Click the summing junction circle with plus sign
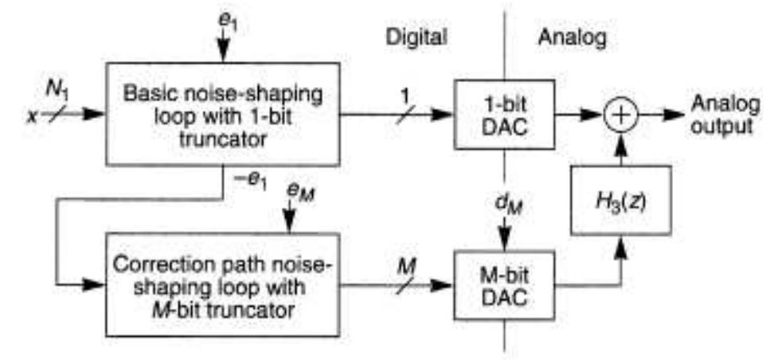[623, 116]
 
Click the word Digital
[416, 37]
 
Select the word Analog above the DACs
[566, 37]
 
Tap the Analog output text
[719, 116]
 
